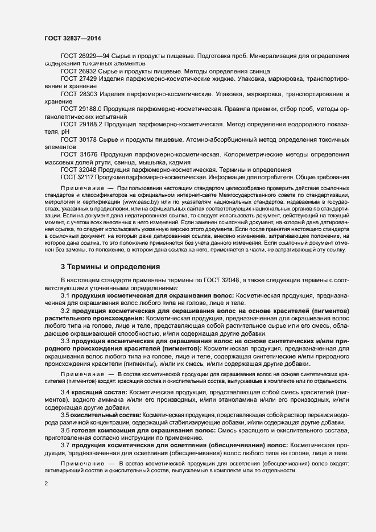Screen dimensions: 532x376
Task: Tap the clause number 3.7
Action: pos(65,446)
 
